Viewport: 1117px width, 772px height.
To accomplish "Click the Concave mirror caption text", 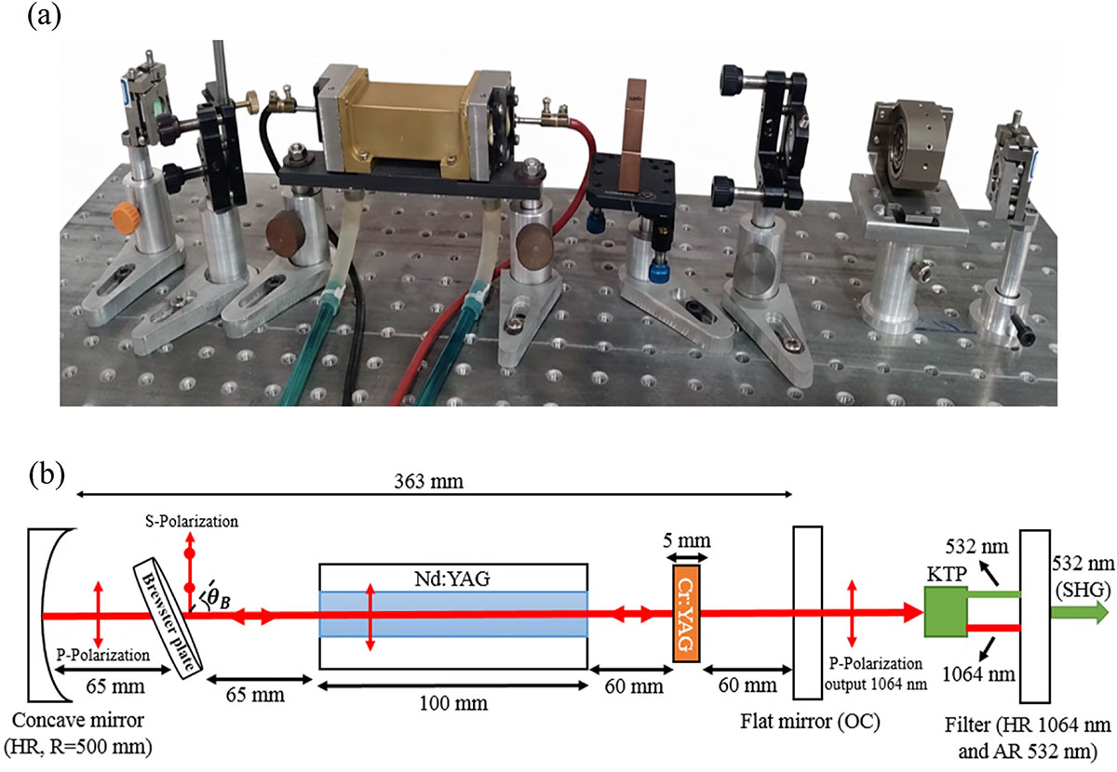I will (82, 723).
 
